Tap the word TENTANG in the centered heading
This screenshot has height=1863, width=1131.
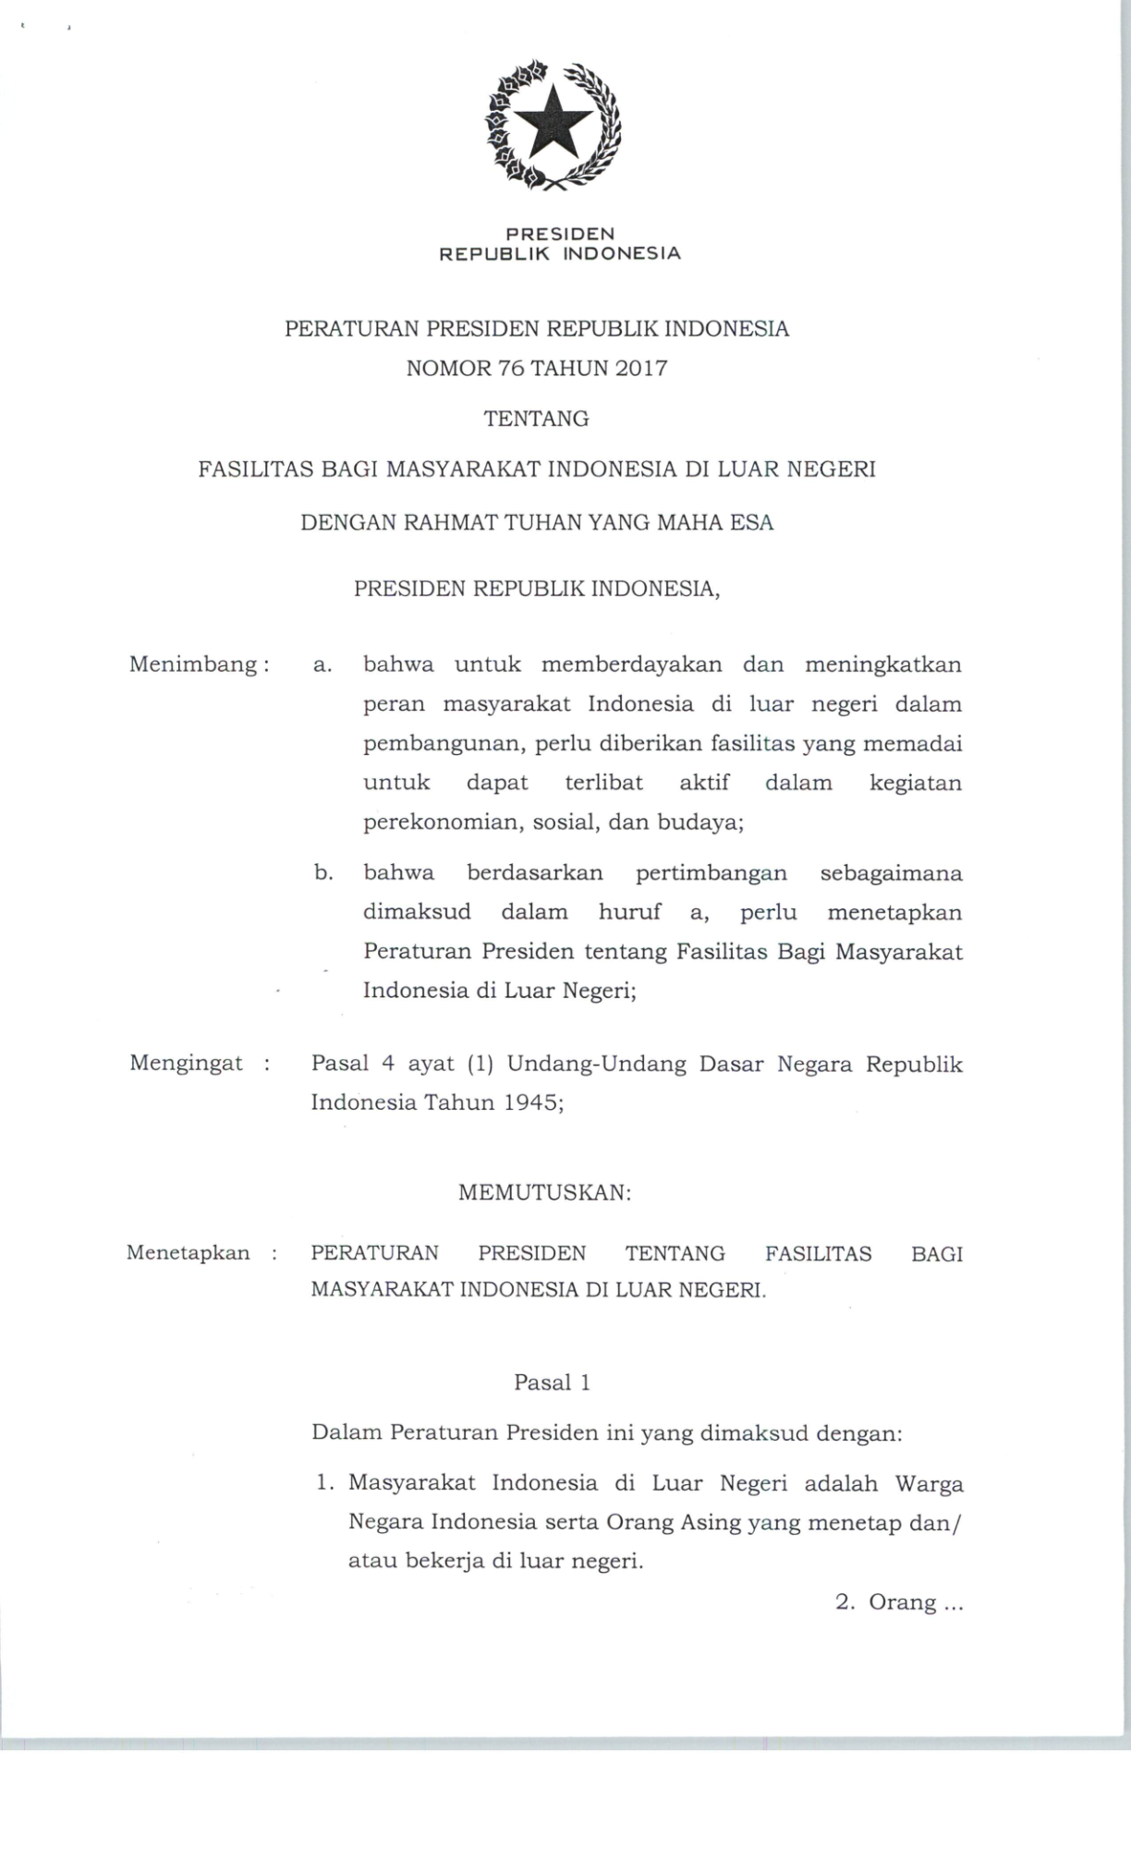coord(536,419)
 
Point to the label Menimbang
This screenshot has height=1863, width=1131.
coord(193,664)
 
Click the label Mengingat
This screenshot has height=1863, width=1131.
coord(187,1063)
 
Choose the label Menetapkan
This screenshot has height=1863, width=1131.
coord(188,1253)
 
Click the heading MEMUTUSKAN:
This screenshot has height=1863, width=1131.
coord(545,1193)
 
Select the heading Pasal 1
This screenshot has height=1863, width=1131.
coord(552,1382)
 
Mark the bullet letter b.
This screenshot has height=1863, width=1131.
coord(322,872)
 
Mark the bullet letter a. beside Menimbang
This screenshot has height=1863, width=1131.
coord(322,665)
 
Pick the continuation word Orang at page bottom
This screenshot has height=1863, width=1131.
coord(902,1602)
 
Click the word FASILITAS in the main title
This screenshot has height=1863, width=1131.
coord(256,469)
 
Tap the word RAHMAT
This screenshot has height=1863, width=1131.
coord(446,523)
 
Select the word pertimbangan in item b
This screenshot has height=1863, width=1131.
coord(711,873)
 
